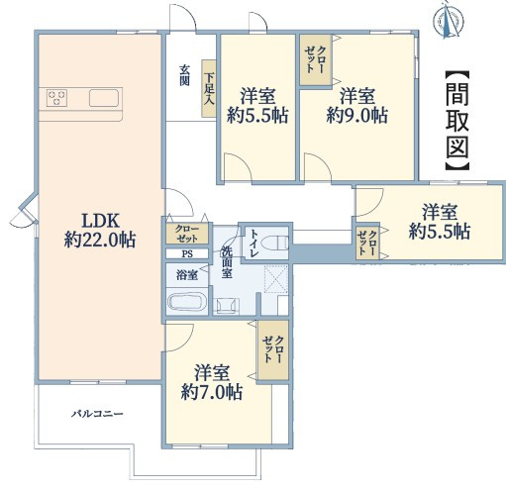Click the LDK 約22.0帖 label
[100, 231]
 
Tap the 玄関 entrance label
[184, 75]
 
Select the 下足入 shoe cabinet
[209, 88]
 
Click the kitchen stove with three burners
[56, 98]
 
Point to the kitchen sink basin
[104, 98]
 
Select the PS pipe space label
[187, 254]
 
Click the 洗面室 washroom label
[227, 262]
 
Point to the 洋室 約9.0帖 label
[357, 106]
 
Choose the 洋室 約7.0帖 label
[212, 382]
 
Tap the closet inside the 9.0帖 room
[316, 60]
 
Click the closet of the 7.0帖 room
[273, 349]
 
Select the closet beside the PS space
[187, 234]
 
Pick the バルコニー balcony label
[98, 414]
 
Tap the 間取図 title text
[457, 121]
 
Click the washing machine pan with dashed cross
[276, 279]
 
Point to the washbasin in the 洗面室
[227, 305]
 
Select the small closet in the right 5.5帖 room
[367, 243]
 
